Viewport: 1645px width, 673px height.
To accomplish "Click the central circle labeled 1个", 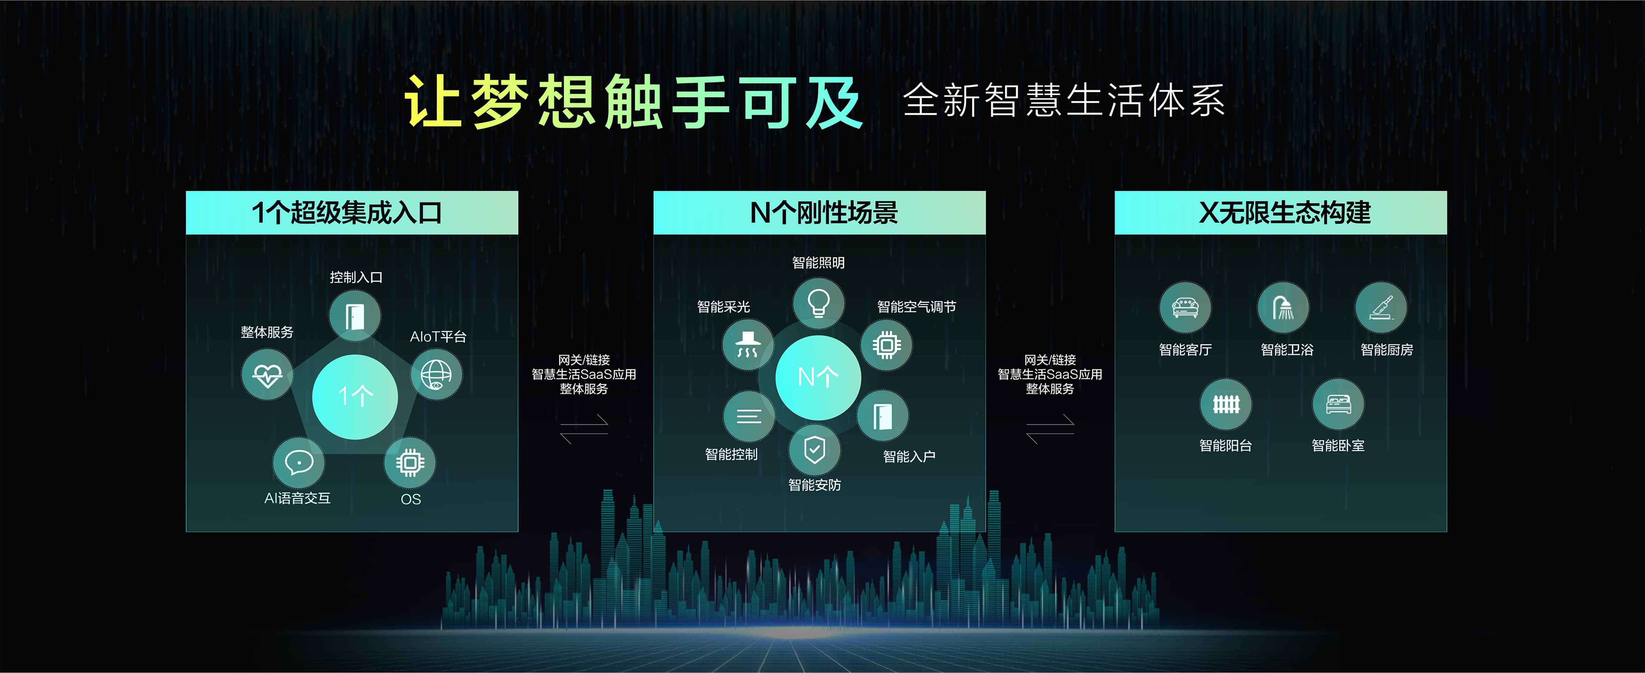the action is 355,397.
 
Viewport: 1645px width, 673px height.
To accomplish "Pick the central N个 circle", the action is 818,377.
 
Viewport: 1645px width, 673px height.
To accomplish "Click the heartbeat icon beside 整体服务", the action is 267,375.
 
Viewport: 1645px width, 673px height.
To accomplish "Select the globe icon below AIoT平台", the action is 436,375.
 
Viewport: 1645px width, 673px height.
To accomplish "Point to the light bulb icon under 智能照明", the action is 819,303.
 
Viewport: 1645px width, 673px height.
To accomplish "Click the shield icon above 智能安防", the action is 814,450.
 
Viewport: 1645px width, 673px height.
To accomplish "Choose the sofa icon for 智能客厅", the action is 1185,307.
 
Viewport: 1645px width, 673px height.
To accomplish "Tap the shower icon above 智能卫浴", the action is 1283,307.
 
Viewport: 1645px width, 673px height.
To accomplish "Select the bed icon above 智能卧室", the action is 1338,404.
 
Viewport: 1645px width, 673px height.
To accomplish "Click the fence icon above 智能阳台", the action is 1226,404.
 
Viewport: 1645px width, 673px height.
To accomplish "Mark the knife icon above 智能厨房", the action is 1381,307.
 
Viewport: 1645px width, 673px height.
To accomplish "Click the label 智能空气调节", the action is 917,307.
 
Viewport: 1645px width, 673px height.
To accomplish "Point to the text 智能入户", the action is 909,456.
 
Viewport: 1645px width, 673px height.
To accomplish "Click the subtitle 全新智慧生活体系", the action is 1064,100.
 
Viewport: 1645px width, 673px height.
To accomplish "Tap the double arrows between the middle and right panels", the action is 1050,429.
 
